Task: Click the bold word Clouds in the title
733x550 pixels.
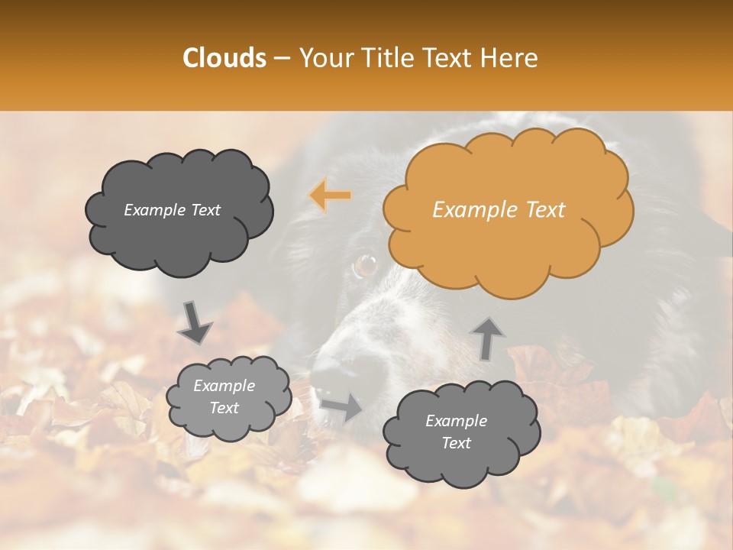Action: (x=224, y=58)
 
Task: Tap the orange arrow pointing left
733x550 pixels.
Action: (x=330, y=196)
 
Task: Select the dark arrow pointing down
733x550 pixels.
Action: (x=195, y=324)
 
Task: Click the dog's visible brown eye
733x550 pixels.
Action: (x=366, y=266)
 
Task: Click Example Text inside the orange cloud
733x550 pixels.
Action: (x=499, y=210)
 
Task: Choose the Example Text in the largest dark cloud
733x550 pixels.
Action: (x=172, y=210)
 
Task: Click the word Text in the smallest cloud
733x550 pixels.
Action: (x=224, y=408)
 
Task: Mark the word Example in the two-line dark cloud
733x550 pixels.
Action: (x=456, y=421)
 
